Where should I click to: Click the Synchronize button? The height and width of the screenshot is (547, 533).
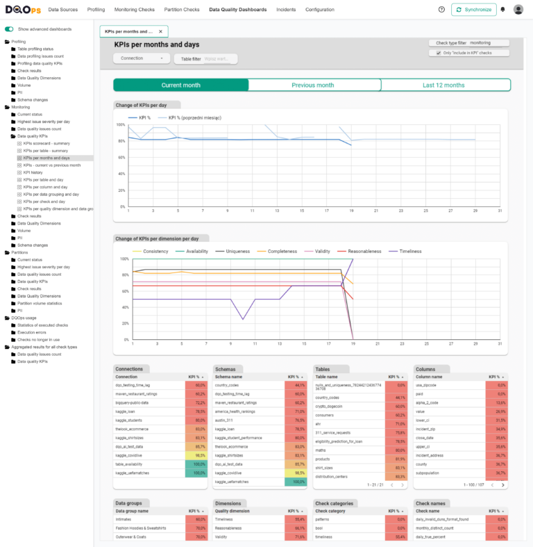click(x=473, y=10)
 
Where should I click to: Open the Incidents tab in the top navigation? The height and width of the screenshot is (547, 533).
click(x=285, y=10)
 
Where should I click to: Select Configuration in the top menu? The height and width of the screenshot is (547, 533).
click(x=319, y=10)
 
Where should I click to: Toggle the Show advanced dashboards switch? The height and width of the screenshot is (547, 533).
click(x=9, y=29)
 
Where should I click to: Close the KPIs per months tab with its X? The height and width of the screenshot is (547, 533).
click(x=160, y=32)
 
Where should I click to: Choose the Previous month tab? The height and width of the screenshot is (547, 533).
click(x=313, y=85)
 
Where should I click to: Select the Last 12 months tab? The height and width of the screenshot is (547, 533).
click(x=444, y=85)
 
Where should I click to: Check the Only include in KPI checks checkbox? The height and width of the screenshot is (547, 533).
click(x=439, y=53)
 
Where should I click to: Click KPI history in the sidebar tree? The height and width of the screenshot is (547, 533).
click(x=33, y=172)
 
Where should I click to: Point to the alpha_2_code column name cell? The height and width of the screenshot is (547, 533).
click(x=429, y=402)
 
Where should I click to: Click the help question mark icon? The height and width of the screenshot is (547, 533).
click(x=441, y=10)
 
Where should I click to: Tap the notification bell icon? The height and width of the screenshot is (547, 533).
click(x=502, y=10)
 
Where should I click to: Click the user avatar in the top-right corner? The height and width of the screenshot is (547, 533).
click(x=518, y=10)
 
